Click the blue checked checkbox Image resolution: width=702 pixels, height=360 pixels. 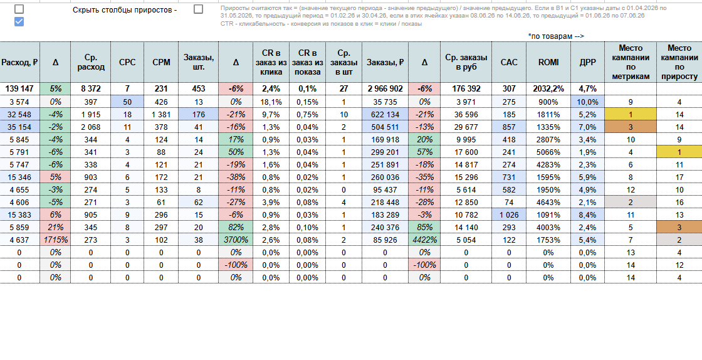click(19, 21)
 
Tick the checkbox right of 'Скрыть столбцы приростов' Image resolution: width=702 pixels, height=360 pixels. click(198, 9)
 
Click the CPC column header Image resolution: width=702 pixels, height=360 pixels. click(127, 62)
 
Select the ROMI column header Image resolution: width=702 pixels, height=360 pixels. click(549, 62)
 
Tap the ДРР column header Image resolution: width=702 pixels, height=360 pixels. click(589, 62)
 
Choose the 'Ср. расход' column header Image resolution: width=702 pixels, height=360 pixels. click(91, 62)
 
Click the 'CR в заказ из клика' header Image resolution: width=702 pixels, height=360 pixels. click(271, 62)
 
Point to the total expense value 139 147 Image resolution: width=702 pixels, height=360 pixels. click(19, 88)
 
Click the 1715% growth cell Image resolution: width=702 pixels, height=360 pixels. click(56, 240)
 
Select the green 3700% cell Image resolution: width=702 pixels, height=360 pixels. click(236, 240)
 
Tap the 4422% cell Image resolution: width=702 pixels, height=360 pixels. click(424, 240)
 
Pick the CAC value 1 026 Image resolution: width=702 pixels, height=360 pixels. click(510, 214)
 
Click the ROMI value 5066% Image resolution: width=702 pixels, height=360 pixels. click(549, 152)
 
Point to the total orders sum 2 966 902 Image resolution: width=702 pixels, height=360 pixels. click(385, 88)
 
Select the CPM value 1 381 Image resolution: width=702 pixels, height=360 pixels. click(161, 114)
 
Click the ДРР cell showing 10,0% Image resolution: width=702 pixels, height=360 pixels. click(589, 102)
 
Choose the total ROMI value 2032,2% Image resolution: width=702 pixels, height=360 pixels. click(549, 88)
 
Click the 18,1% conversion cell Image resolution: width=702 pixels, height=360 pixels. click(271, 102)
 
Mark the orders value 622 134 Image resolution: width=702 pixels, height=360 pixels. click(385, 114)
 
